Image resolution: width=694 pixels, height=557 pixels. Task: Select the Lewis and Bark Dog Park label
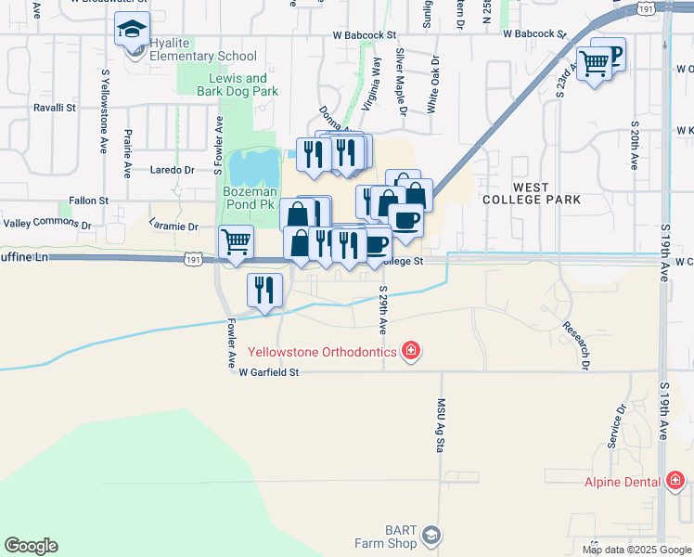tap(238, 85)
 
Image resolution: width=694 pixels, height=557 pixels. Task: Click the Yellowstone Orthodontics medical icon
tap(410, 351)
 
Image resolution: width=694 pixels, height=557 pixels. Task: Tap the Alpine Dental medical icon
tap(675, 481)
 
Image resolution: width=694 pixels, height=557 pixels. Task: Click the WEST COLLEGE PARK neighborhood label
tap(533, 193)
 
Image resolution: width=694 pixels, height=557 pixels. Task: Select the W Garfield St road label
tap(269, 372)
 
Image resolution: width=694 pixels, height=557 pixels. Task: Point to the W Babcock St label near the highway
tap(534, 33)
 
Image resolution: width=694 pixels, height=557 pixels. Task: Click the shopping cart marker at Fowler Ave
tap(237, 241)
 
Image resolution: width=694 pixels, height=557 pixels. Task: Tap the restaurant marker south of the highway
tap(264, 290)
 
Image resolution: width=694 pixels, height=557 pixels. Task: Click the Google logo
tap(31, 546)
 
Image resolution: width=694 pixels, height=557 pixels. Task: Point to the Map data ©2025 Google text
tap(636, 550)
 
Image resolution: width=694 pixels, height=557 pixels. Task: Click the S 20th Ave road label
tap(636, 143)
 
